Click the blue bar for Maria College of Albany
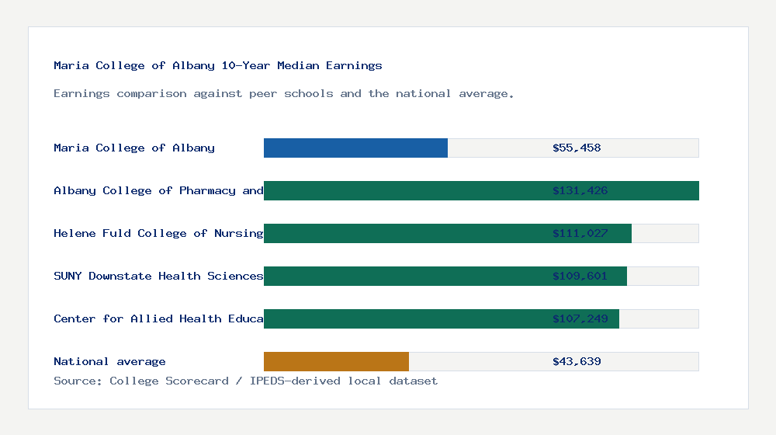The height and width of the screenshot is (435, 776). [x=355, y=148]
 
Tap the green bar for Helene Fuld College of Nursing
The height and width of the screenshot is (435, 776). [x=404, y=233]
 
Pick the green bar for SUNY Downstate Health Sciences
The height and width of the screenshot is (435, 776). [x=404, y=276]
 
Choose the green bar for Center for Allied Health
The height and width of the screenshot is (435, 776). [x=404, y=318]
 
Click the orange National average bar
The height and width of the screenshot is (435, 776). [x=336, y=361]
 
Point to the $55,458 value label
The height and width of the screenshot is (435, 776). [x=577, y=148]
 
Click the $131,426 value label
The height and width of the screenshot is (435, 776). [x=580, y=190]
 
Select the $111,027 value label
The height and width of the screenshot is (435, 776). [x=580, y=233]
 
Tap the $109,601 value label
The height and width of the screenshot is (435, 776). [x=580, y=276]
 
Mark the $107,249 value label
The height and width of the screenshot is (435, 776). [x=580, y=318]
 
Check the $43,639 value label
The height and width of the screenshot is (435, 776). [x=577, y=361]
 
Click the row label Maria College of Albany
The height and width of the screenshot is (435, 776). [x=134, y=148]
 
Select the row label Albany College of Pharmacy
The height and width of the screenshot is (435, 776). [x=158, y=190]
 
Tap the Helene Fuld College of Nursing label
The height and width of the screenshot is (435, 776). [x=158, y=233]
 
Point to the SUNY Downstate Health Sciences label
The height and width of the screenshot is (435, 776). [x=158, y=276]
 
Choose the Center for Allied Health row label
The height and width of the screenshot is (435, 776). [x=158, y=318]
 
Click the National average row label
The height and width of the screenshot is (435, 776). [x=109, y=361]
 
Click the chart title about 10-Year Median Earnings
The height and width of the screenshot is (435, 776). [x=218, y=65]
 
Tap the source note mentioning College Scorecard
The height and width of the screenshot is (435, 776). [x=245, y=381]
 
